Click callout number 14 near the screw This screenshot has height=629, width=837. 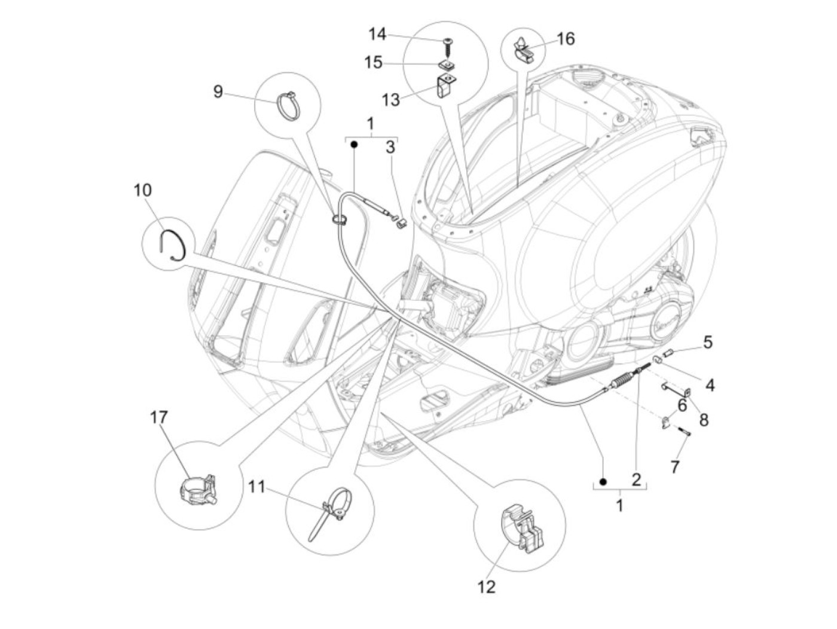click(x=377, y=34)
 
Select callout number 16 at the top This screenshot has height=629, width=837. click(x=565, y=39)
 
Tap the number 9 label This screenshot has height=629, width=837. click(x=218, y=91)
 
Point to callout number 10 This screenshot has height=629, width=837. click(x=143, y=190)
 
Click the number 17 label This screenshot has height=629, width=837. click(x=160, y=417)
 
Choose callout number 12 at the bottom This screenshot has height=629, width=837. click(x=487, y=587)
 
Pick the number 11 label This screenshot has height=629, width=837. click(x=256, y=487)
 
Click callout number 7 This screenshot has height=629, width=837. click(x=675, y=466)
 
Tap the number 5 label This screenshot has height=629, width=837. click(x=708, y=342)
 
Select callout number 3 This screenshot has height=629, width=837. click(x=390, y=146)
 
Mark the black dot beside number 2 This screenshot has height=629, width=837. click(x=603, y=481)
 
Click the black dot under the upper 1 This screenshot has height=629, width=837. click(x=354, y=144)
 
